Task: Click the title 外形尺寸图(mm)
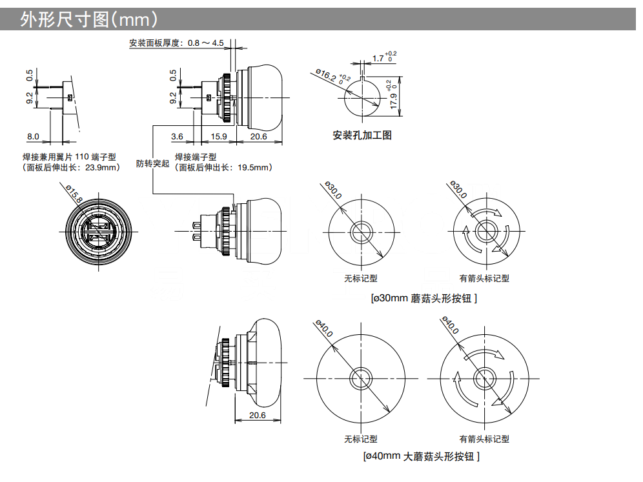(88, 20)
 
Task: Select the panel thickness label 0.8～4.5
(205, 44)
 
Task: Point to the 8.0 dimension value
(33, 136)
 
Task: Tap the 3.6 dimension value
(177, 136)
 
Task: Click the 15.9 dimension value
(219, 136)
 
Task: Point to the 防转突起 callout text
(152, 164)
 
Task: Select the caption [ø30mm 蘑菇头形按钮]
(424, 299)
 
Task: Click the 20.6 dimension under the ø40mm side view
(257, 416)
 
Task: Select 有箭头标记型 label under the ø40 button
(484, 439)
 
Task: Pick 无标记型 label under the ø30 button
(360, 279)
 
